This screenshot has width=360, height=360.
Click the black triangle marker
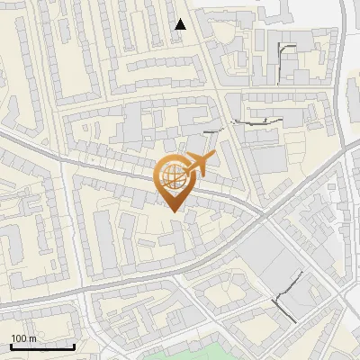pos(181,24)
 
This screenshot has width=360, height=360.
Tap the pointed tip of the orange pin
pos(174,211)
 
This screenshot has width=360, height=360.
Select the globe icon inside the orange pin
pos(172,176)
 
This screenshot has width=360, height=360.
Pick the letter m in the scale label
pos(32,338)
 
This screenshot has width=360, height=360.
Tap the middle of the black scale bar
pos(42,346)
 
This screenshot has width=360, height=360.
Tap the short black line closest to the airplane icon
pos(212,133)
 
